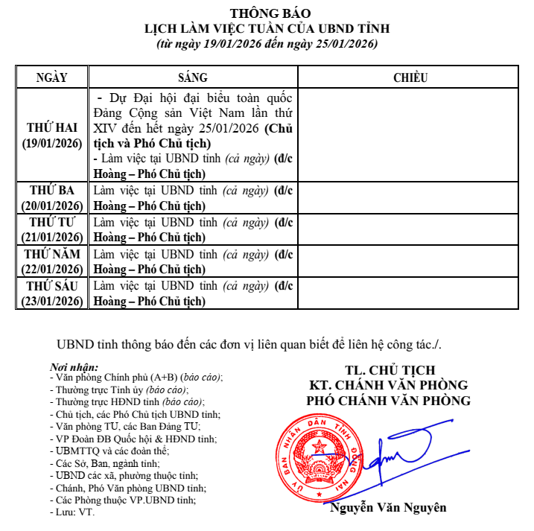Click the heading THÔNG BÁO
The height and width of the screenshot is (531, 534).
point(267,13)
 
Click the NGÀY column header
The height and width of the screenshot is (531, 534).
point(51,77)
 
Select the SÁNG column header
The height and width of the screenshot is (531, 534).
point(192,77)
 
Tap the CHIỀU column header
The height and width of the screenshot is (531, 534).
point(409,77)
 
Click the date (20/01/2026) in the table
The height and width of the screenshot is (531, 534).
point(51,206)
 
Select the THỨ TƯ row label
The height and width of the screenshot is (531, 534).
point(51,222)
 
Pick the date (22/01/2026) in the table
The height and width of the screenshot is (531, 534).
point(51,269)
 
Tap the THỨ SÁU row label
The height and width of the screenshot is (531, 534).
point(51,285)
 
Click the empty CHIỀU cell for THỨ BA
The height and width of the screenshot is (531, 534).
point(409,197)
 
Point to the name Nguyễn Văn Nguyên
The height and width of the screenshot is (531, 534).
point(389,508)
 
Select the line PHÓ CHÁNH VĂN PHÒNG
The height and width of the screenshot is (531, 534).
point(389,401)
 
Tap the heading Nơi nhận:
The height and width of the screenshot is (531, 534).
point(73,367)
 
